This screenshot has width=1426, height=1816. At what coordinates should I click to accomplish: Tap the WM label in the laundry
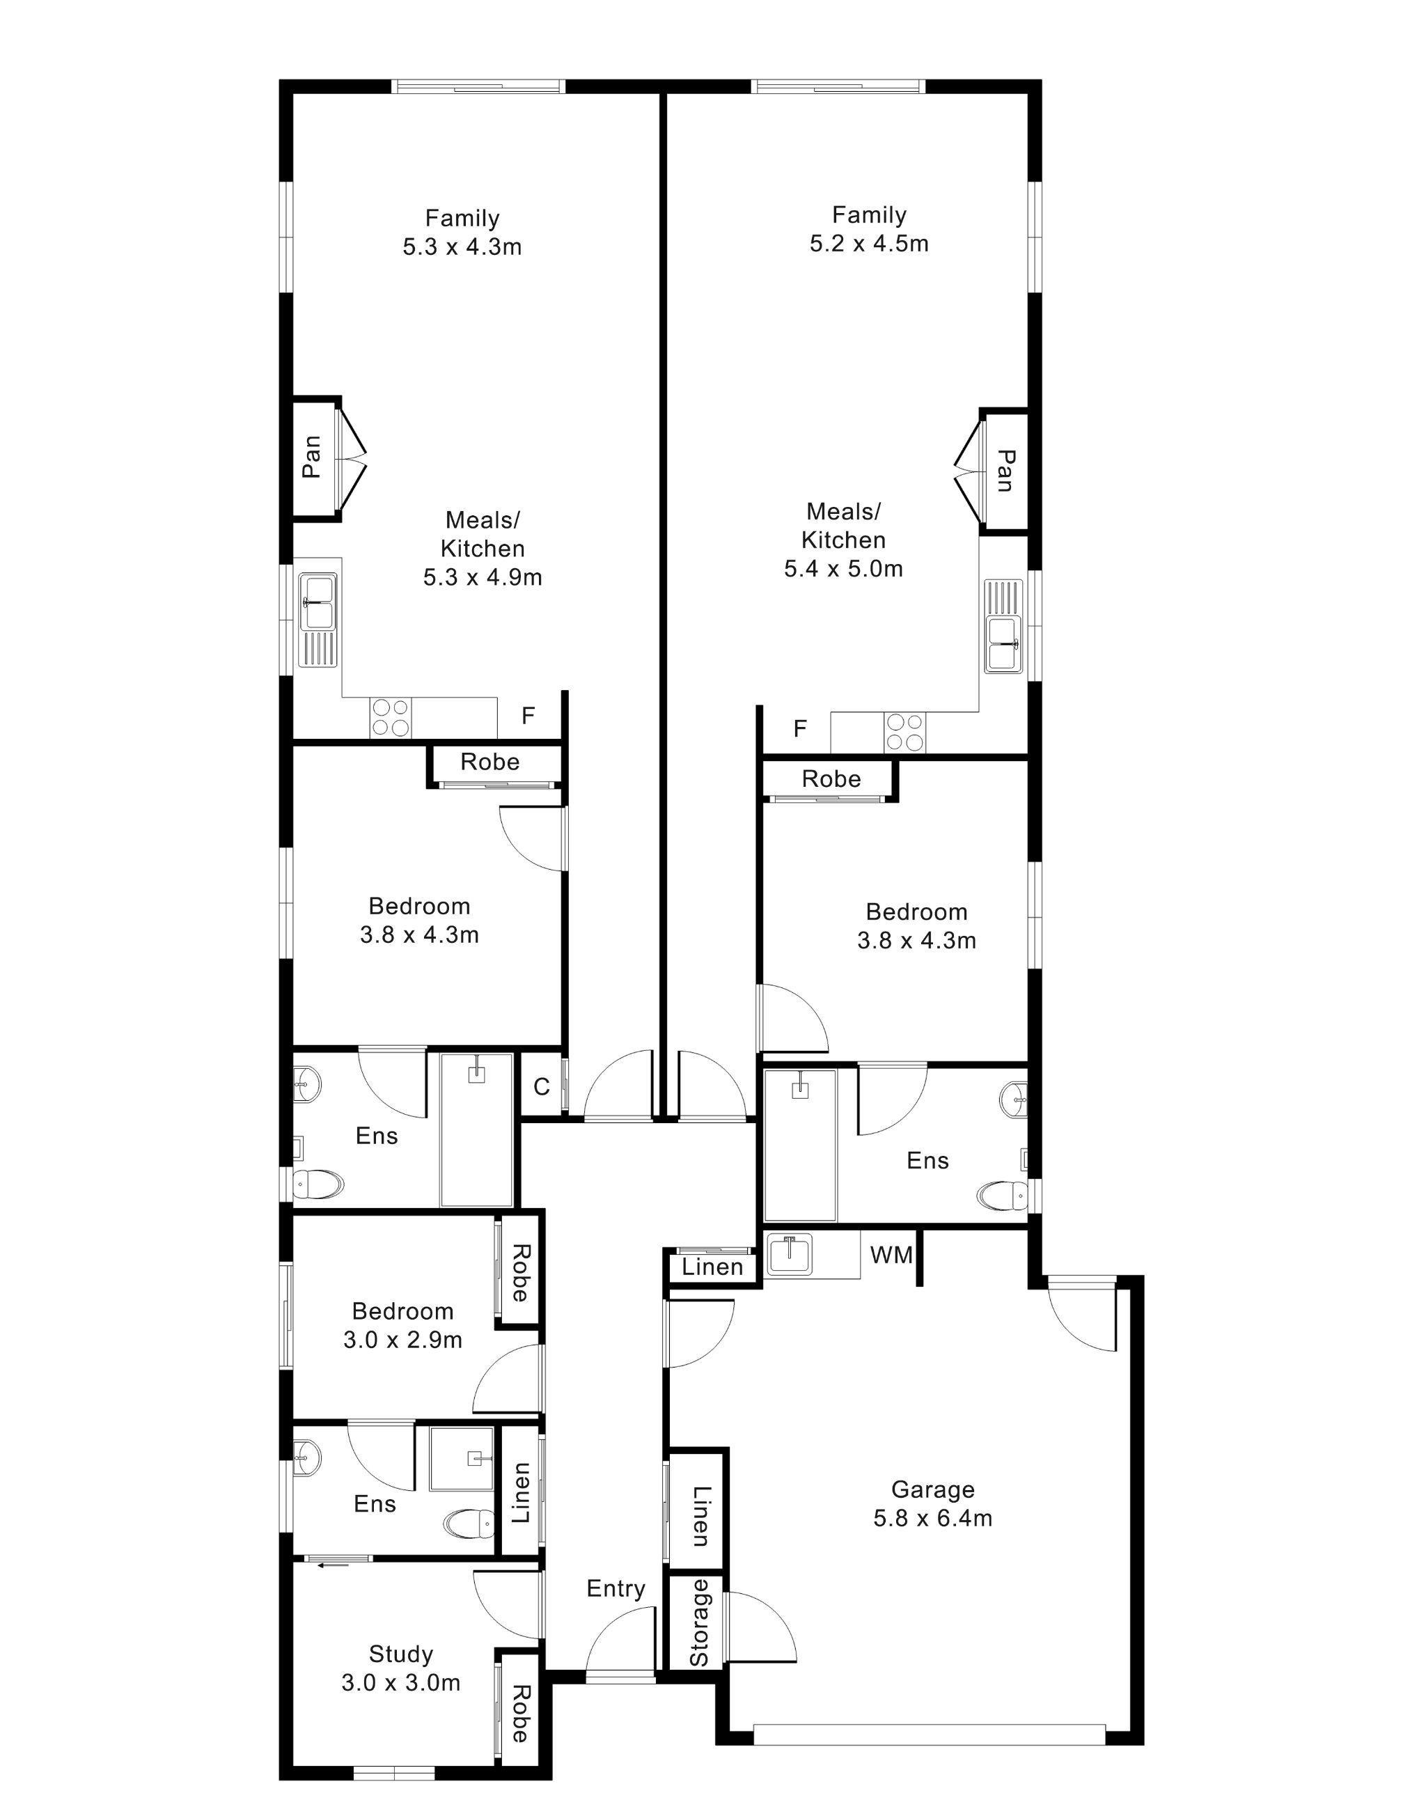tap(892, 1255)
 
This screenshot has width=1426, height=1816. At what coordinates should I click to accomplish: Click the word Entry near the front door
tap(616, 1589)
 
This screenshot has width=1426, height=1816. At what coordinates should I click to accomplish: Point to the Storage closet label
tap(700, 1624)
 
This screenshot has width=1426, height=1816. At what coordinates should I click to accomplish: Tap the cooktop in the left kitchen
tap(391, 717)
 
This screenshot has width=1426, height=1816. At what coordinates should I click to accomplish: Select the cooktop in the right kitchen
tap(905, 733)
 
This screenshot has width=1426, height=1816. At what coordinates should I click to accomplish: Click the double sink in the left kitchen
tap(318, 601)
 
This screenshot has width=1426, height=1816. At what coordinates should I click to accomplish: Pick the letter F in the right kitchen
tap(800, 729)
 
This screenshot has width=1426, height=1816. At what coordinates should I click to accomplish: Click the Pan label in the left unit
tap(312, 457)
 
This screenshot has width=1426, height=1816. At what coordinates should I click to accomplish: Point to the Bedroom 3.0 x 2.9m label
tap(402, 1325)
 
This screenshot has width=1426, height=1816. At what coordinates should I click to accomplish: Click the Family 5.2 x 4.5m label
tap(868, 230)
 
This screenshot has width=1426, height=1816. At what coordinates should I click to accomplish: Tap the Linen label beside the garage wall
tap(700, 1515)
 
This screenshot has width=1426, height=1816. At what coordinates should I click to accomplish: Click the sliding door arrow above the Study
tap(334, 1565)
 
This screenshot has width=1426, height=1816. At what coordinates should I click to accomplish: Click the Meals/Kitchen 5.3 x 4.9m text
tap(483, 549)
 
